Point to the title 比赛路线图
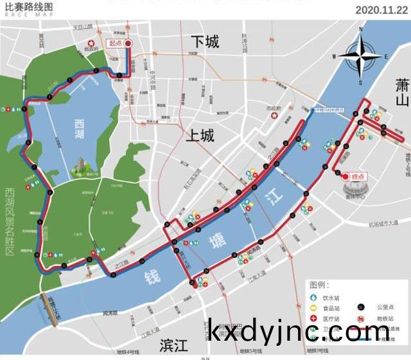(x=29, y=6)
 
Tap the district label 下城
(x=205, y=42)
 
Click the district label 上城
(x=200, y=136)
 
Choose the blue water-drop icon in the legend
(x=314, y=298)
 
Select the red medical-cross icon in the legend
(x=314, y=319)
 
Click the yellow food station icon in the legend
(x=314, y=309)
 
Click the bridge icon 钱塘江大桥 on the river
(x=50, y=306)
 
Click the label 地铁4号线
(x=128, y=352)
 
